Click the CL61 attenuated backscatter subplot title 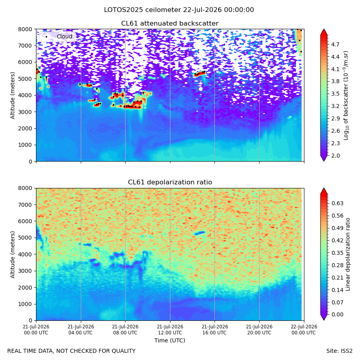[170, 24]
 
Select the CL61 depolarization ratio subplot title [170, 182]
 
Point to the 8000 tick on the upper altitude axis [25, 29]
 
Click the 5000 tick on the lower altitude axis [25, 238]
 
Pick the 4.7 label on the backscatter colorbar [335, 44]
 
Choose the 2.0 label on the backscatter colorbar [335, 156]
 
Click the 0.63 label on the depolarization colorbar [337, 203]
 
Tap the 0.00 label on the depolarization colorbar [337, 314]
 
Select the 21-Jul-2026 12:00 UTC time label [170, 330]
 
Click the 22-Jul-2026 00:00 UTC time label [304, 330]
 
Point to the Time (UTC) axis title [170, 340]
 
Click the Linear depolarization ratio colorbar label [348, 254]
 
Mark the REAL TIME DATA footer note [72, 351]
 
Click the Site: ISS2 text [339, 351]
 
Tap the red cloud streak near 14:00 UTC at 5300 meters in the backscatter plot [200, 74]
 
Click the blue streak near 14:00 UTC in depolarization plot [200, 233]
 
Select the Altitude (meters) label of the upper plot [12, 96]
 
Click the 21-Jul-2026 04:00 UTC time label [81, 330]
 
